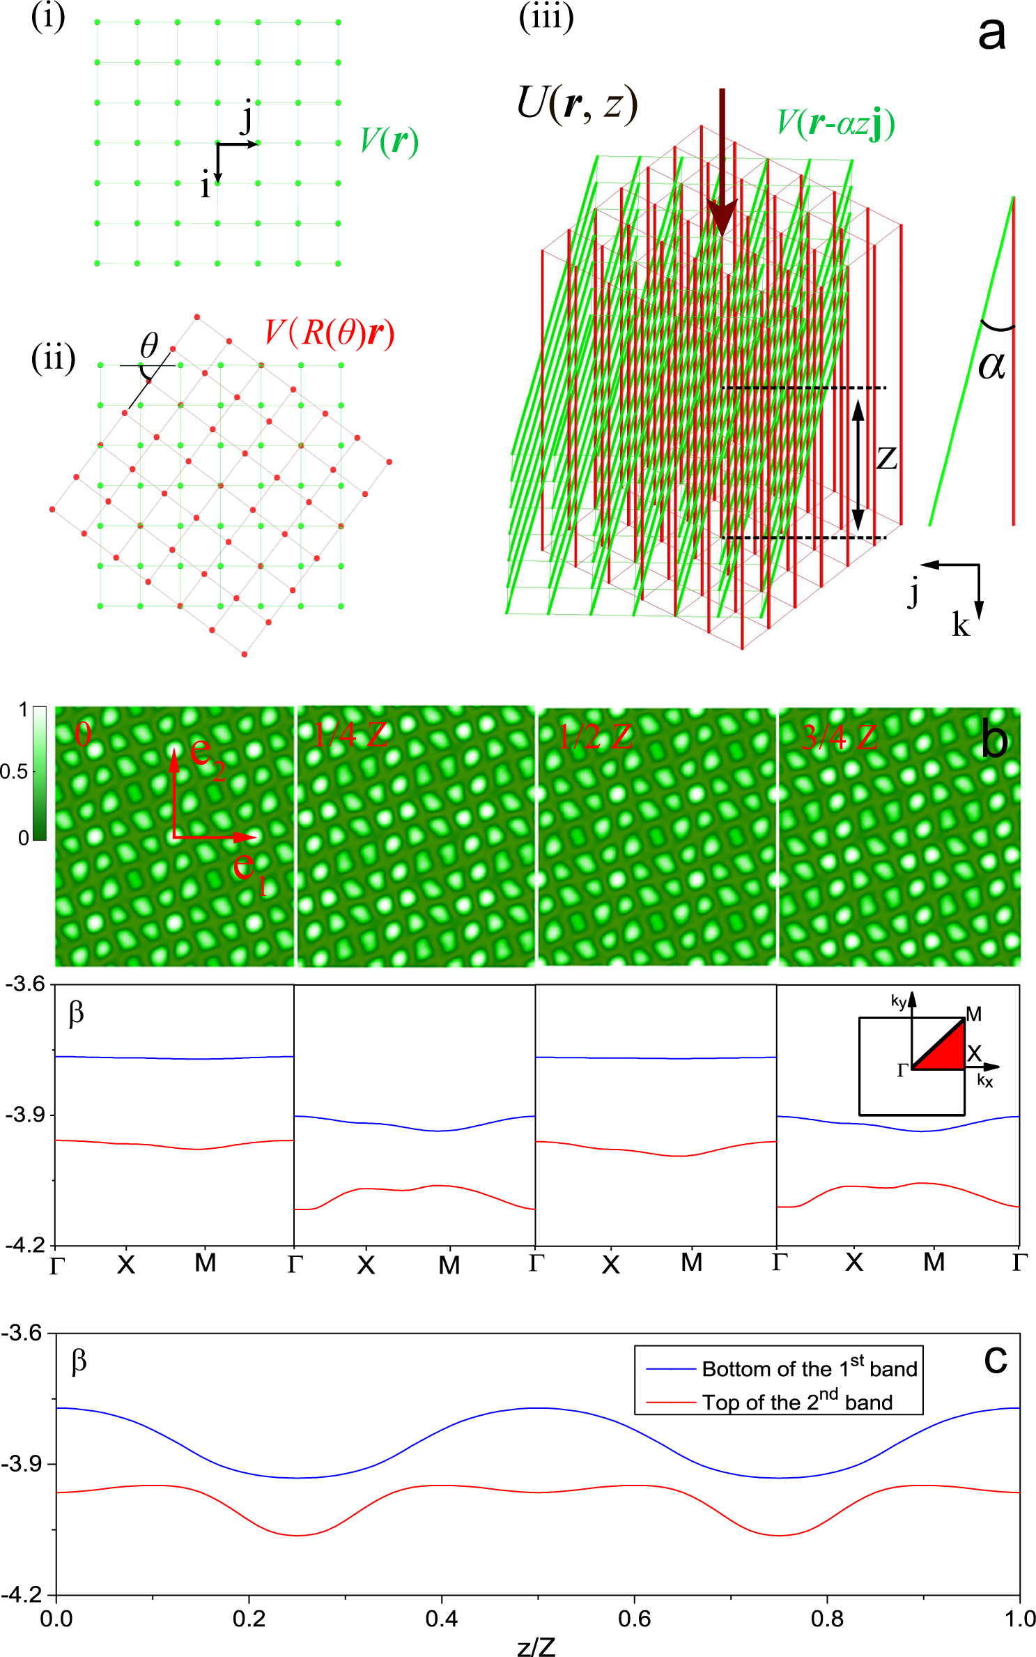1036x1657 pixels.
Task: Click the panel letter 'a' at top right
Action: coord(991,33)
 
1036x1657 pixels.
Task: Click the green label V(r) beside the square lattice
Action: coord(389,142)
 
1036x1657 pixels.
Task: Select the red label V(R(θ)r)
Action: coord(329,333)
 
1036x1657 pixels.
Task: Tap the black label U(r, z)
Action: coord(577,105)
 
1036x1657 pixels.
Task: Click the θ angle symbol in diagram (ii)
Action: coord(149,346)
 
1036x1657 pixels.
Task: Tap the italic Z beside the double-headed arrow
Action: coord(886,459)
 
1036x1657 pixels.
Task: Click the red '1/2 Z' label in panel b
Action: coord(595,736)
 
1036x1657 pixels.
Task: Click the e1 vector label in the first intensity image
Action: coord(249,871)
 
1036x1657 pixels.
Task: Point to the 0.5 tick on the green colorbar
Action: coord(14,772)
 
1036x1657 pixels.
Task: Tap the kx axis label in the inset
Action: coord(984,1081)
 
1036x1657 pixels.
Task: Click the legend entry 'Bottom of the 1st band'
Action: coord(809,1369)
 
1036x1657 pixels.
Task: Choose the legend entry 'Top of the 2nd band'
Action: coord(796,1403)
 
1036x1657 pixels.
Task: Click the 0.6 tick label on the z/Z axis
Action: coord(634,1619)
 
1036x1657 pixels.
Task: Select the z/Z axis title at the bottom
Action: coord(536,1647)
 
